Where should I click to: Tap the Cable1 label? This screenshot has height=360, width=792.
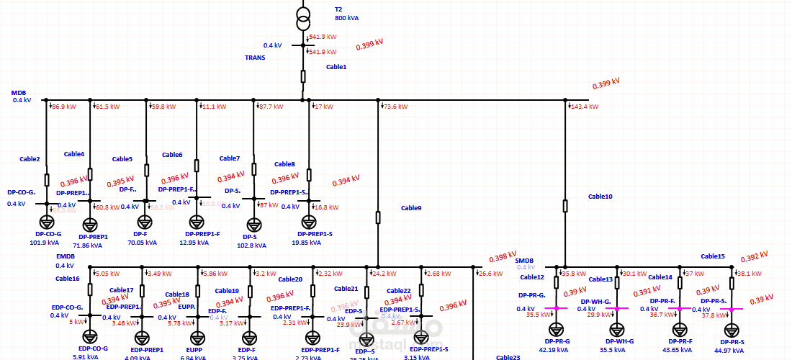[336, 67]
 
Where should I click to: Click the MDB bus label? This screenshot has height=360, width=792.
[19, 93]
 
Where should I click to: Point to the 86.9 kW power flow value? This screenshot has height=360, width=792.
[63, 107]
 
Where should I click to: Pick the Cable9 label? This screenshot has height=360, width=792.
[411, 208]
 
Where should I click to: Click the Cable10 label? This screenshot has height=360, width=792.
[600, 196]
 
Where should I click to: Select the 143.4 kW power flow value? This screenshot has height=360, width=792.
[584, 107]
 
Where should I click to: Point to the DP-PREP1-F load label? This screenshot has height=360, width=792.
[202, 234]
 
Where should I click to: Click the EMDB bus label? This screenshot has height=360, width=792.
[66, 256]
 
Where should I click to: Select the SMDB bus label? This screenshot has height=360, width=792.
[524, 260]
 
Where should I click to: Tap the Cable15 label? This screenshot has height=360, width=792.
[713, 256]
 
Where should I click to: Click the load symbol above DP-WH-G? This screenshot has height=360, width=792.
[617, 329]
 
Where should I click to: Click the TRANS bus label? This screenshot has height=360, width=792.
[255, 58]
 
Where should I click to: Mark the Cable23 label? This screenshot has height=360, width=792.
[508, 357]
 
